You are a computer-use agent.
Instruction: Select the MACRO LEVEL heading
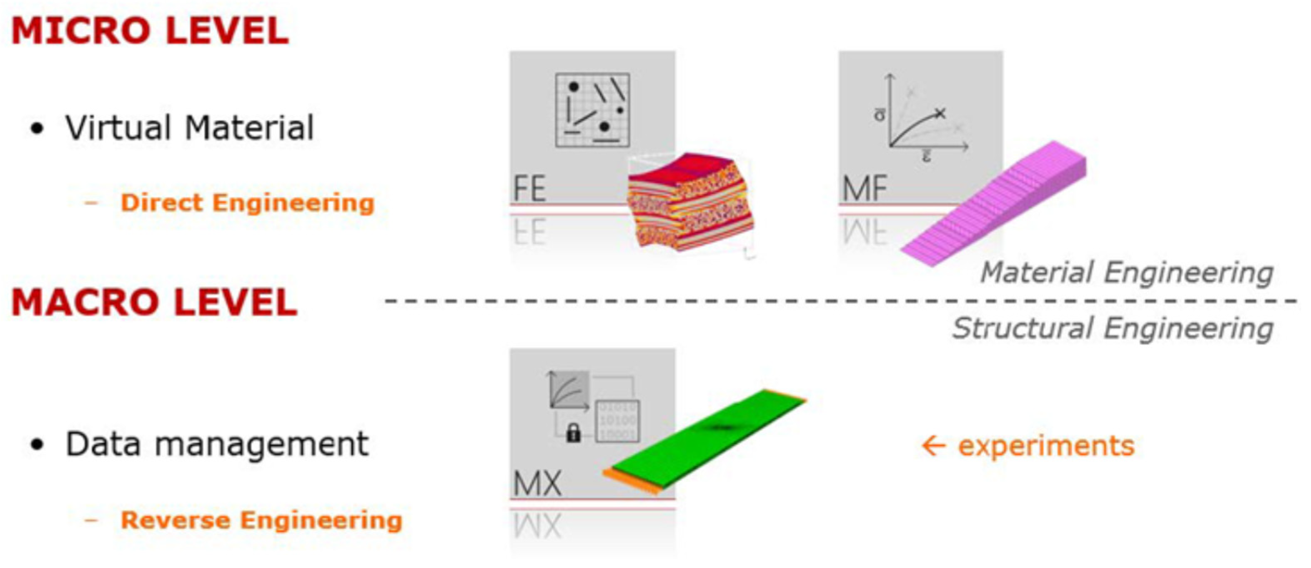[154, 303]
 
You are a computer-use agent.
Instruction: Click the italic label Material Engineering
[1127, 273]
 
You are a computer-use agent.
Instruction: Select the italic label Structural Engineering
[1113, 328]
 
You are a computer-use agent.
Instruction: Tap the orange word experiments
[1046, 446]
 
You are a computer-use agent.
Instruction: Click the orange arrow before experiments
[934, 446]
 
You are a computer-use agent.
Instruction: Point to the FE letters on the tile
[530, 189]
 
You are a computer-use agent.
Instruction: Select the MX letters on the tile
[537, 483]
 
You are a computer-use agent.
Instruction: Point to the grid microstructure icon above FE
[592, 110]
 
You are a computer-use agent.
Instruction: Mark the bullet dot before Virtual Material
[37, 129]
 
